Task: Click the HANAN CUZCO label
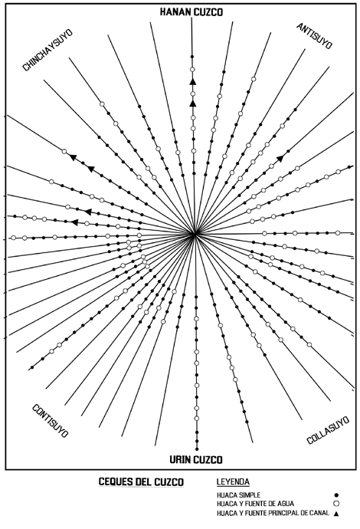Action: [191, 12]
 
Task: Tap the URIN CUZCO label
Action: [196, 459]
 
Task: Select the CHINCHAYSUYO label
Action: [47, 51]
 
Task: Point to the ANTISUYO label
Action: [314, 36]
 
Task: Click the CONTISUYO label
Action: [51, 421]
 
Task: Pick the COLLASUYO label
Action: [328, 430]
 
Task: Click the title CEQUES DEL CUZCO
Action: [141, 481]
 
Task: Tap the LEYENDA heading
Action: [233, 481]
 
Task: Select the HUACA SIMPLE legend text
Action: [238, 495]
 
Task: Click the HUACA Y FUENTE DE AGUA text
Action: [256, 504]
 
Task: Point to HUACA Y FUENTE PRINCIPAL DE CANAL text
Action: [273, 513]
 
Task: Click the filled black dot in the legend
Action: [336, 495]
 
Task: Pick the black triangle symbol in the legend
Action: [336, 514]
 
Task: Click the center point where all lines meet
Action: [195, 234]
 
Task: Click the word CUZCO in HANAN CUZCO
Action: [208, 12]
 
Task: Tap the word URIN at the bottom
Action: [180, 459]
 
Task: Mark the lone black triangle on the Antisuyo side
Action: [280, 158]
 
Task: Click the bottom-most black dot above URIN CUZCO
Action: [197, 449]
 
